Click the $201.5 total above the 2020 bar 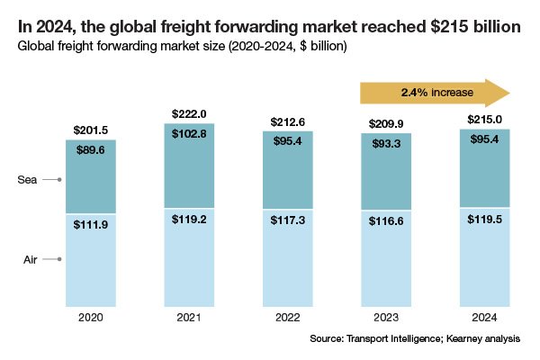[x=90, y=131]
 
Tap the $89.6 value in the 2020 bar [x=90, y=150]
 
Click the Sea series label [x=27, y=180]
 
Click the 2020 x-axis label [x=90, y=318]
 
